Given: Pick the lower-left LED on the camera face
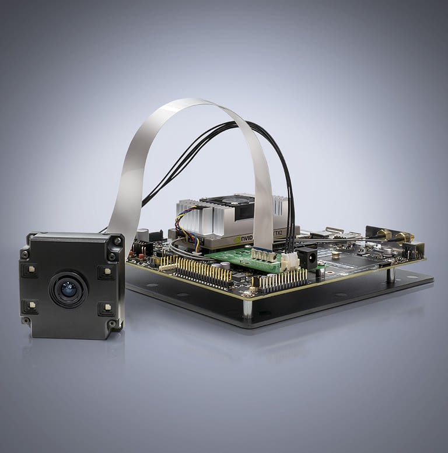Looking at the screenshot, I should pos(30,307).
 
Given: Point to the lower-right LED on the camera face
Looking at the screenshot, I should pos(106,308).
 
